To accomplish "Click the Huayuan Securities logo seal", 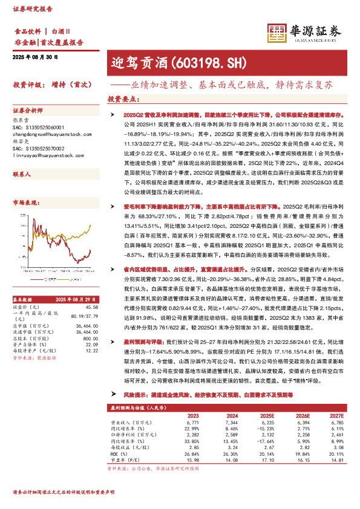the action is (277, 34).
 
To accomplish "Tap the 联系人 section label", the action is (22, 173).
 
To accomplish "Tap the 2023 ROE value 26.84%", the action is (193, 453).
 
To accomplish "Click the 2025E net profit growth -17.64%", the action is (264, 442).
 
